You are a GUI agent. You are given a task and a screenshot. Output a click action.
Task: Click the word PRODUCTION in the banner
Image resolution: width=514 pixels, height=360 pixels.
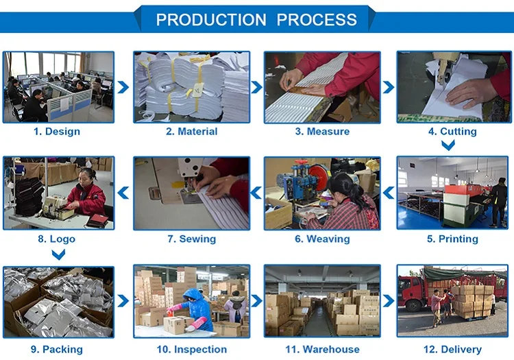click(x=211, y=20)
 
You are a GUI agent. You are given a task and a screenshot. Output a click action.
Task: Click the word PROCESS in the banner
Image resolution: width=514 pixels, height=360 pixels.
click(x=317, y=20)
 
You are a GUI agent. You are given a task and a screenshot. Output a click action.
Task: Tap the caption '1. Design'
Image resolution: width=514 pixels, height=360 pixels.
click(x=57, y=132)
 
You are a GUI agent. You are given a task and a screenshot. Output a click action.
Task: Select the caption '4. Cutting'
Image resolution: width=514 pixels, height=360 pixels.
click(x=452, y=132)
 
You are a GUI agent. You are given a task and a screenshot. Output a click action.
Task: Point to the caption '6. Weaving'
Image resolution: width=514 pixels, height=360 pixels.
click(x=322, y=239)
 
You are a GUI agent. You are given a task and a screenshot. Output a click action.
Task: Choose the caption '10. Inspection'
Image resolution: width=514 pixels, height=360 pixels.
click(x=192, y=350)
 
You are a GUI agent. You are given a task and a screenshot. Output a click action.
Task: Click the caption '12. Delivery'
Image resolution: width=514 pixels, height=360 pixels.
click(x=452, y=350)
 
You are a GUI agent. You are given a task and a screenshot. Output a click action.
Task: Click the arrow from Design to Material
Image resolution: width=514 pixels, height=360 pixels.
click(x=123, y=87)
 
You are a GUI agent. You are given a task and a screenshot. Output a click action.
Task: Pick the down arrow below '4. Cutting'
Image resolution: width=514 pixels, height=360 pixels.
click(x=448, y=145)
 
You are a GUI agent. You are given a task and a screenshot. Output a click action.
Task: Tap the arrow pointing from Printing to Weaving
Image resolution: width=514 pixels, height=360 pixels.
click(x=389, y=193)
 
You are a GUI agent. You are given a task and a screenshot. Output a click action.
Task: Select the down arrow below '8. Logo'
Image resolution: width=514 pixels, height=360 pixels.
click(x=58, y=254)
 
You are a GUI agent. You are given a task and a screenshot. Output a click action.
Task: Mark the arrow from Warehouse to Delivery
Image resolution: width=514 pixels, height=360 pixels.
click(x=389, y=301)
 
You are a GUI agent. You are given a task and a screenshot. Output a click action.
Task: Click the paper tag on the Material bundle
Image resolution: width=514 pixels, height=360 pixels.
click(x=198, y=90)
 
